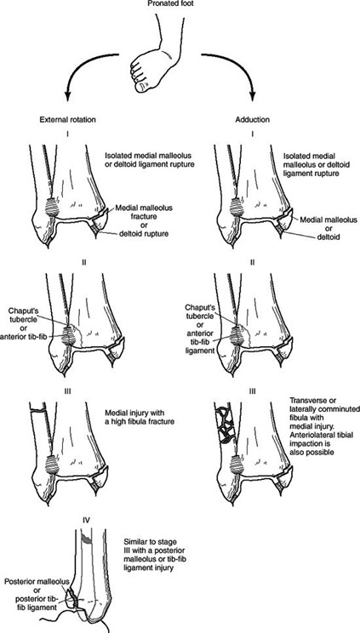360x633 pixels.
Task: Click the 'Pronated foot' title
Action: coord(180,5)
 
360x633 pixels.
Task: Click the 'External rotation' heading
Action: coord(67,120)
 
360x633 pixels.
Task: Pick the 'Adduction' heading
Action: coord(252,120)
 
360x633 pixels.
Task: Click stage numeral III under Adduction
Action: coord(252,391)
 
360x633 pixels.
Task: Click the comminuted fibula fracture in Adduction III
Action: coord(224,422)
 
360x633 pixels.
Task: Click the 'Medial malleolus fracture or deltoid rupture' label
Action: coord(144,221)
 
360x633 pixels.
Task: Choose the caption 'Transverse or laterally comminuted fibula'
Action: coord(324,425)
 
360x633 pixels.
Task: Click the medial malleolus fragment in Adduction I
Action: coord(285,220)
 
